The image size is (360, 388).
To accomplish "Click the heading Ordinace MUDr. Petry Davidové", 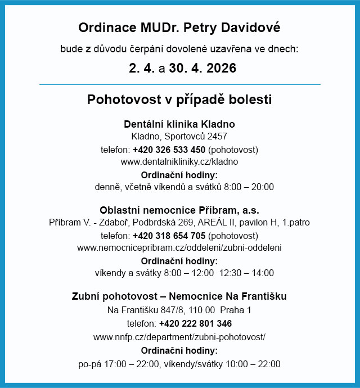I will [x=179, y=28].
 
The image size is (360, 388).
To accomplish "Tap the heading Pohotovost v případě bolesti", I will [x=179, y=100].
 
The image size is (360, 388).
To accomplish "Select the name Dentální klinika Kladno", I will [x=179, y=124].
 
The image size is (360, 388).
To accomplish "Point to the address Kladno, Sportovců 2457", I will [x=179, y=137].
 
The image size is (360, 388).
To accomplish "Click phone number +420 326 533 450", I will [x=169, y=150].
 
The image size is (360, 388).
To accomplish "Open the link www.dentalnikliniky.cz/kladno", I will [x=179, y=161].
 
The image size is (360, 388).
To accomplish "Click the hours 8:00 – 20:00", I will [x=247, y=187].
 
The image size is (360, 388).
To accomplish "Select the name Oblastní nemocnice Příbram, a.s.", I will [x=179, y=210].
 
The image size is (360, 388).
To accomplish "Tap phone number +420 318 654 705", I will [x=169, y=235].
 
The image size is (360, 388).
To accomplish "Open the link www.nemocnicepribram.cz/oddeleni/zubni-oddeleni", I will [x=179, y=247].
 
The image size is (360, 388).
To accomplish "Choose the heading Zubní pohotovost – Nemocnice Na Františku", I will [x=179, y=296].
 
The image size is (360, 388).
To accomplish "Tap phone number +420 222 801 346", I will [x=195, y=323].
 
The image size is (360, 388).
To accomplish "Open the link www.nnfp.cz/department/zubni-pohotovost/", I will [x=179, y=337].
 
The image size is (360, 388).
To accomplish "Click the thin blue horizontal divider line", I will [x=179, y=84].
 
